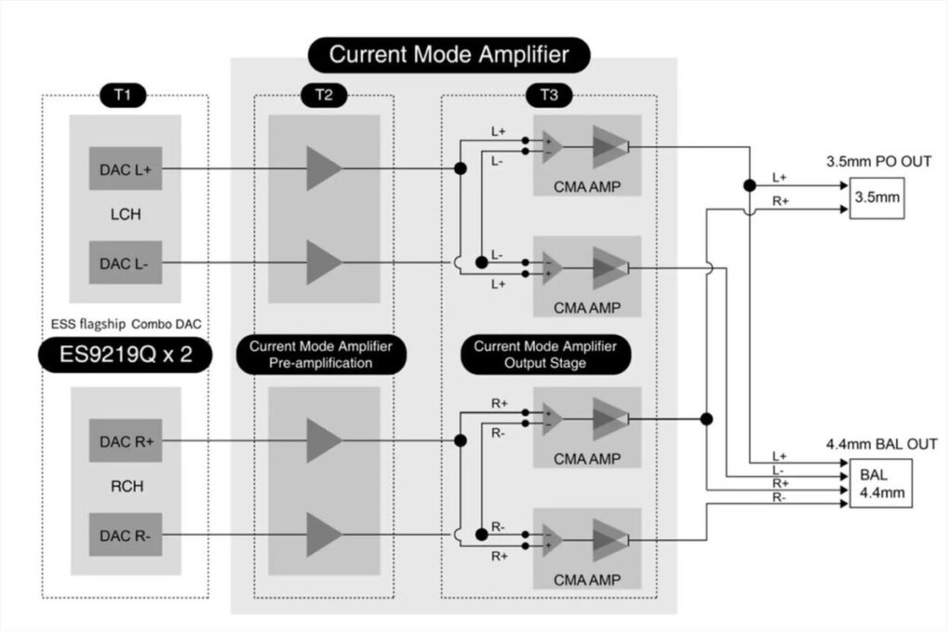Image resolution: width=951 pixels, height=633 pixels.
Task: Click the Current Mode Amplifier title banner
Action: [x=449, y=55]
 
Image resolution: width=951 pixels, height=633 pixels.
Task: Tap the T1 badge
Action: [x=124, y=96]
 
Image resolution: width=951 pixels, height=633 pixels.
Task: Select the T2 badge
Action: [x=324, y=96]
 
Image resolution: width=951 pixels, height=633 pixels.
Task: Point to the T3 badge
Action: [x=549, y=96]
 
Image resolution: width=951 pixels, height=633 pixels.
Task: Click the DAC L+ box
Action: [x=125, y=169]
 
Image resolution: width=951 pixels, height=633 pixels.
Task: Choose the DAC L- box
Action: [x=125, y=263]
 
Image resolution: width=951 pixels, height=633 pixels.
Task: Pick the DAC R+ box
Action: [x=125, y=441]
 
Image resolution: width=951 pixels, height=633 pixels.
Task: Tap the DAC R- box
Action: [x=125, y=535]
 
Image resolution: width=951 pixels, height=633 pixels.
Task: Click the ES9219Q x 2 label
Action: [x=125, y=355]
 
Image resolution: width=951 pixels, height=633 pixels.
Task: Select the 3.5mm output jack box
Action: [x=877, y=198]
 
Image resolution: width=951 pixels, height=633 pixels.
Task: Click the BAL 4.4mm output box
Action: [x=881, y=484]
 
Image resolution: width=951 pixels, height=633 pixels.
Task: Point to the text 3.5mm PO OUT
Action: [x=879, y=161]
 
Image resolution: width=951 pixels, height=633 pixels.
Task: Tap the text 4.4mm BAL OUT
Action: [x=882, y=445]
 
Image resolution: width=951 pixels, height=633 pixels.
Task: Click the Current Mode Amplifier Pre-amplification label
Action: [x=320, y=355]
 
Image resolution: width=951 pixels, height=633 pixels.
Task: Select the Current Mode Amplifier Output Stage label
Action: [x=545, y=355]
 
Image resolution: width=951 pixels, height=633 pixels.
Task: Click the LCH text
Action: [x=125, y=214]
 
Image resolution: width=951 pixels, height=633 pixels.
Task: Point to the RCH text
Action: [x=126, y=486]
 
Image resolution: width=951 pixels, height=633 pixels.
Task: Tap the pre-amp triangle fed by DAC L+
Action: [x=324, y=169]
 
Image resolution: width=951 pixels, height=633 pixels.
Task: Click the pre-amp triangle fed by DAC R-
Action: [x=324, y=535]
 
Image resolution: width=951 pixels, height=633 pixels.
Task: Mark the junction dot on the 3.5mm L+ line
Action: [x=749, y=186]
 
